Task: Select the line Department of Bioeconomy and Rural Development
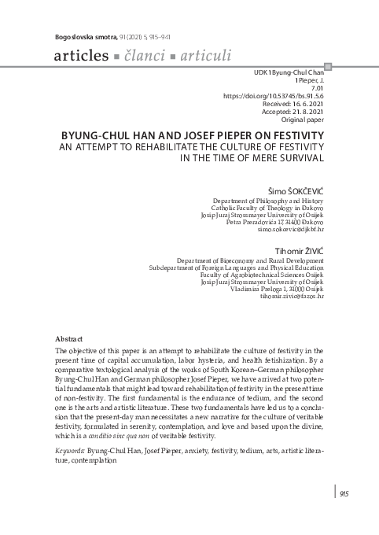click(x=249, y=260)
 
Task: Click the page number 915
click(x=344, y=493)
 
